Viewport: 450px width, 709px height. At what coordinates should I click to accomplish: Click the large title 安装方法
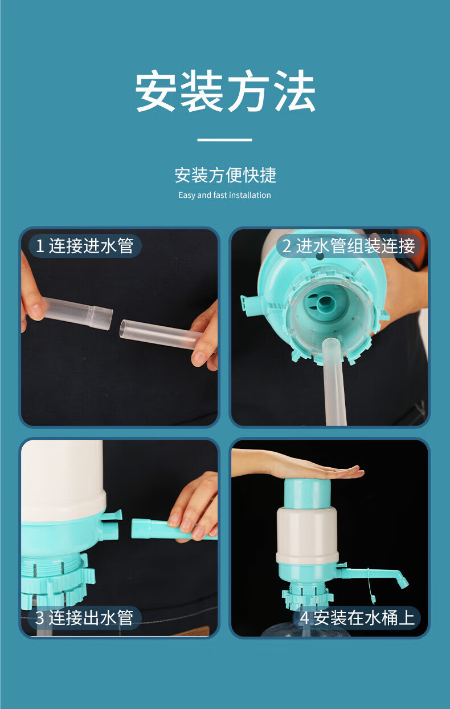225,91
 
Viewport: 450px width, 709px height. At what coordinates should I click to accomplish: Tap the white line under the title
224,140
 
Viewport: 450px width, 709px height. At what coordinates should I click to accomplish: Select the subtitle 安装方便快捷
226,175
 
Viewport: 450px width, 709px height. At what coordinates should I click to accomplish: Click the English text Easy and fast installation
224,195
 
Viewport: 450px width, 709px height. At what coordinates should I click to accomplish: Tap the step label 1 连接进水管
84,246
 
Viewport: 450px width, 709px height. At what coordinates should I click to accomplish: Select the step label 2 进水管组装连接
348,246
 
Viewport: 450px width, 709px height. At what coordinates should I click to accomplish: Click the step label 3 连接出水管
84,617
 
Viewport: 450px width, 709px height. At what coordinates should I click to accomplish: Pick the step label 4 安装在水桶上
357,618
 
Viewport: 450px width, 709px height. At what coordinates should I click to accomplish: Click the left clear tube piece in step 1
77,313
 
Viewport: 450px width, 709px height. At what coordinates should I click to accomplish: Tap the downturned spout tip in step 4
403,582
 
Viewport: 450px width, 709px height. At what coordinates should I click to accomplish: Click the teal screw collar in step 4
307,595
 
